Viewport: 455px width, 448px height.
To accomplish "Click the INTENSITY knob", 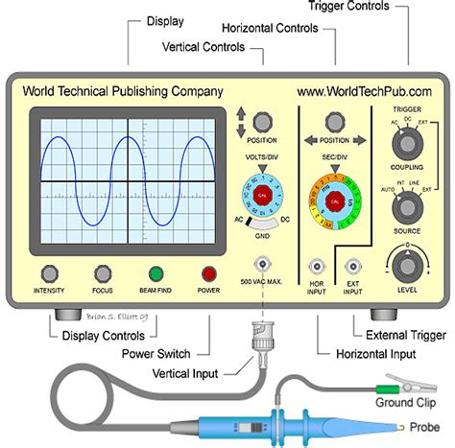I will (47, 273).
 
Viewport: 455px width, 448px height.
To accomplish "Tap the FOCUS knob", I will (103, 273).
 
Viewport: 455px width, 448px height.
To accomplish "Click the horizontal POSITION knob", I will (335, 122).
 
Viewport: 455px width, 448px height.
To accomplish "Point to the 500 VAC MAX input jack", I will (260, 265).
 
